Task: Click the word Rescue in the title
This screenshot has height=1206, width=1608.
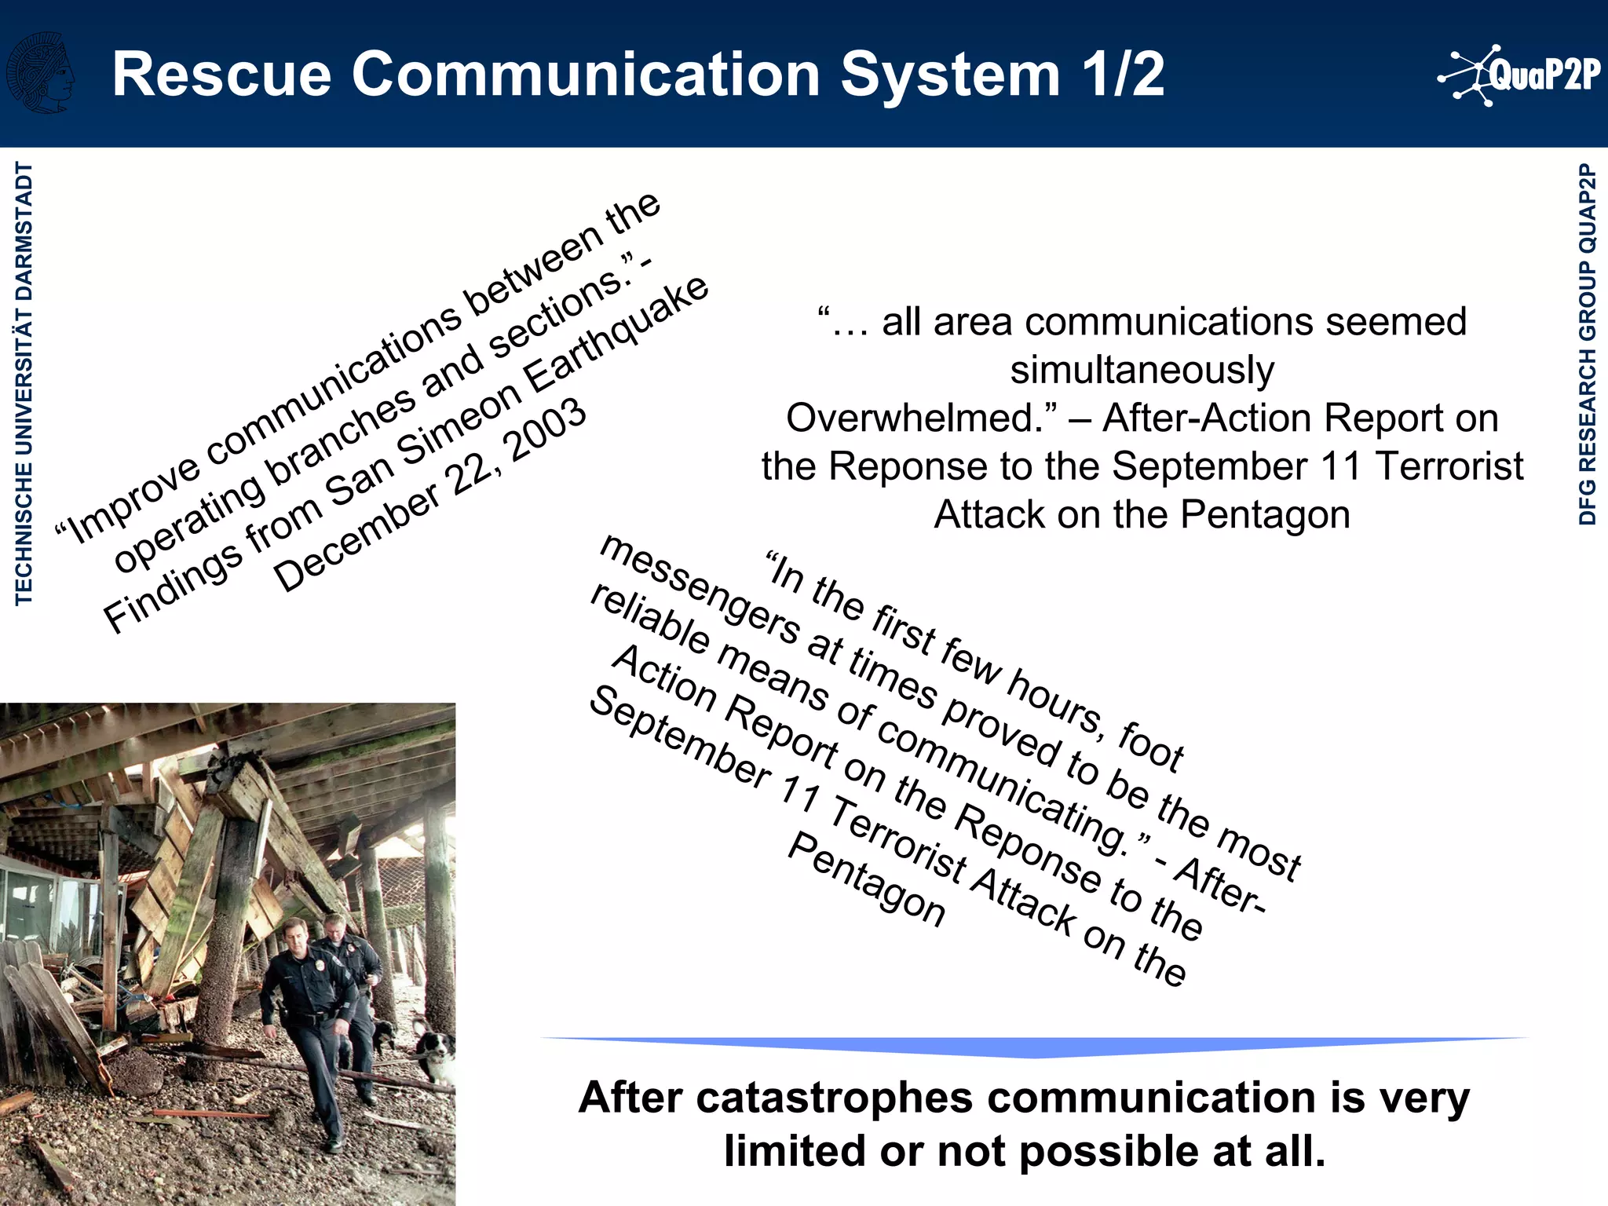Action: pos(222,75)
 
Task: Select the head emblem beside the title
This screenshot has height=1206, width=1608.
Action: pos(41,73)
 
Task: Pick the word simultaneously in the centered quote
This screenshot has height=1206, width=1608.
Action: pos(1142,370)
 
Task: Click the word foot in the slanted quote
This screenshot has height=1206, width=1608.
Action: pos(1150,747)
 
